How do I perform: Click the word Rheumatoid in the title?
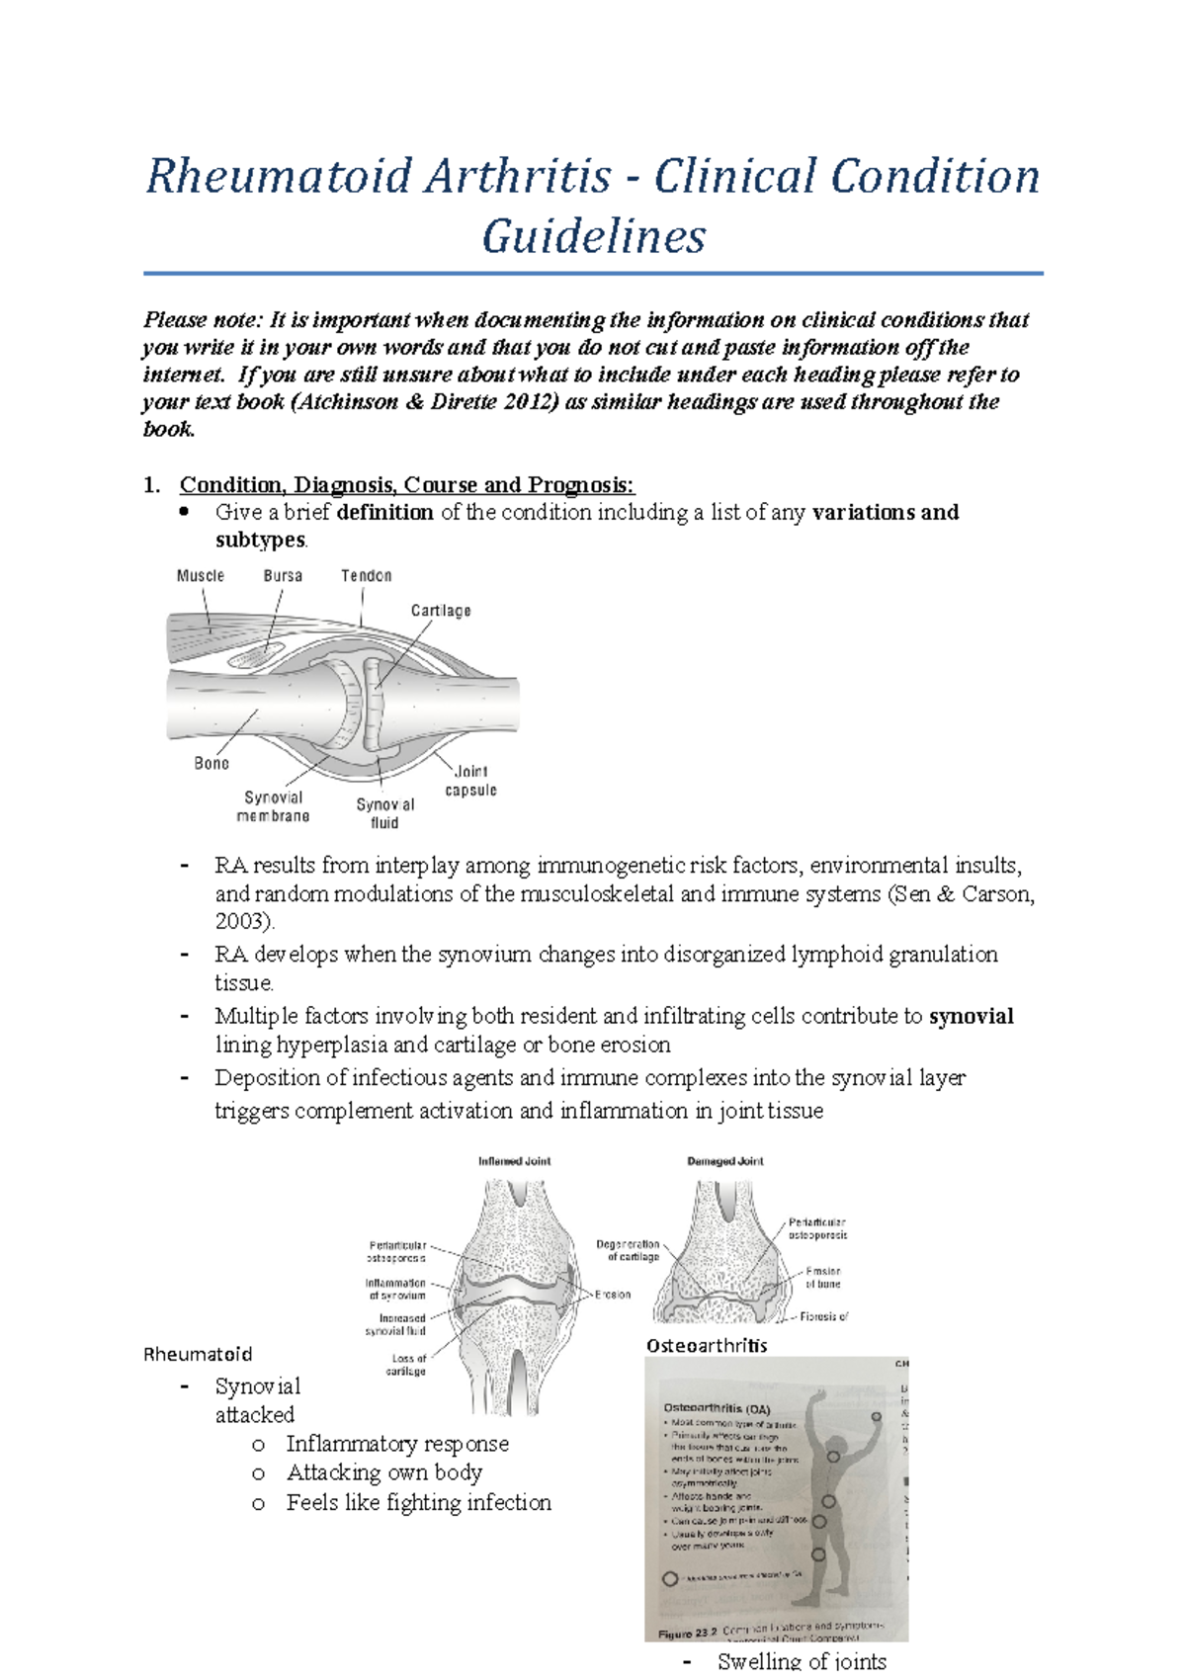pyautogui.click(x=278, y=178)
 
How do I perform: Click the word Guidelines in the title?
pyautogui.click(x=593, y=237)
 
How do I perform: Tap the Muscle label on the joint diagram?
pyautogui.click(x=201, y=576)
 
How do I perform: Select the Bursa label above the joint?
pyautogui.click(x=283, y=576)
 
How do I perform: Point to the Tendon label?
pyautogui.click(x=367, y=576)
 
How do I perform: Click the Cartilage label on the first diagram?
pyautogui.click(x=441, y=612)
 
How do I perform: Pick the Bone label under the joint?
pyautogui.click(x=212, y=764)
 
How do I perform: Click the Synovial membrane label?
pyautogui.click(x=273, y=806)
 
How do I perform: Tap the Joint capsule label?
pyautogui.click(x=470, y=781)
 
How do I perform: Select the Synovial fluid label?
pyautogui.click(x=385, y=813)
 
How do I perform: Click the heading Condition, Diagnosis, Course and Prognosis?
pyautogui.click(x=406, y=485)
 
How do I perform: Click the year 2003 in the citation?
pyautogui.click(x=242, y=921)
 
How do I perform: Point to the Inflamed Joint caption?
pyautogui.click(x=514, y=1161)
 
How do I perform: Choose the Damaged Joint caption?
pyautogui.click(x=725, y=1161)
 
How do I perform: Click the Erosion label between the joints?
pyautogui.click(x=613, y=1295)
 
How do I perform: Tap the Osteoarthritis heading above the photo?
pyautogui.click(x=707, y=1345)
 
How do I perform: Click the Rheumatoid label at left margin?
pyautogui.click(x=198, y=1354)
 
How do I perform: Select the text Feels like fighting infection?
pyautogui.click(x=418, y=1503)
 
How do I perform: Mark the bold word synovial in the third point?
pyautogui.click(x=972, y=1017)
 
